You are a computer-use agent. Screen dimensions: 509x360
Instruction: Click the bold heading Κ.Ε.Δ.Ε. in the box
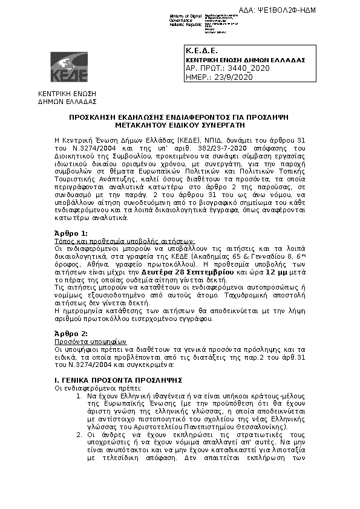pyautogui.click(x=197, y=51)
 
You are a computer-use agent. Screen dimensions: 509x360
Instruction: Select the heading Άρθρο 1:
pyautogui.click(x=71, y=233)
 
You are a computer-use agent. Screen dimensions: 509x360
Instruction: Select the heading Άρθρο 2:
pyautogui.click(x=71, y=334)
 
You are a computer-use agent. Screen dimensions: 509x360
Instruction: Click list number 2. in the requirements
pyautogui.click(x=79, y=434)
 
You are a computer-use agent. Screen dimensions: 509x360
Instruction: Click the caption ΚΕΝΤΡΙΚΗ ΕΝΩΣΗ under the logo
pyautogui.click(x=64, y=95)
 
